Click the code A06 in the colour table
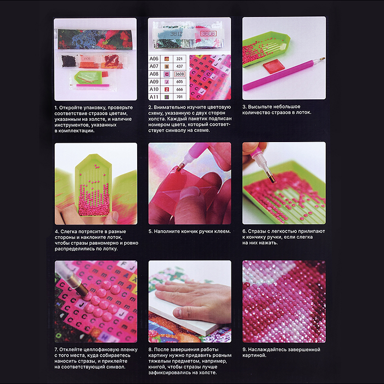tap(154, 59)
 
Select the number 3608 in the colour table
tap(179, 74)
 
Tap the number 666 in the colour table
tap(179, 89)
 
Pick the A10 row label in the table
tap(154, 89)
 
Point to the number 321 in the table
tap(179, 59)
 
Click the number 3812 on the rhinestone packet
tap(176, 34)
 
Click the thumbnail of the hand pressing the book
tap(190, 302)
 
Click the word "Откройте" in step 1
tap(71, 108)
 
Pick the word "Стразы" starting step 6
tap(257, 231)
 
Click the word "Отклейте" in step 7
tap(71, 350)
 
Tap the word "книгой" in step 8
tap(157, 367)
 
